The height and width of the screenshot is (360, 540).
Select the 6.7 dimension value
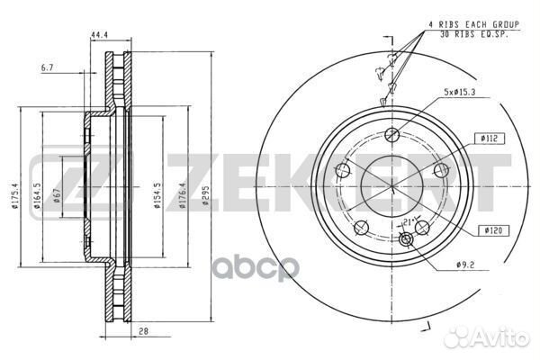(47, 66)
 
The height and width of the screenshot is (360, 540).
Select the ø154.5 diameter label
(157, 196)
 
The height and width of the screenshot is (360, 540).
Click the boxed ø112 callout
(490, 138)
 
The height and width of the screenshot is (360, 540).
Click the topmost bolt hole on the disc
(391, 135)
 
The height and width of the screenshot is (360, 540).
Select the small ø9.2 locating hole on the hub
(404, 238)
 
